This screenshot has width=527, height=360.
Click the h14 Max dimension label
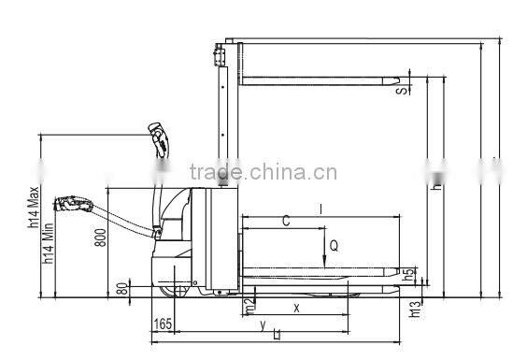(x=33, y=209)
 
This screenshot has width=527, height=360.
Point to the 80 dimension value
(x=121, y=288)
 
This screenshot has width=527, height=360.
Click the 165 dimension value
(x=163, y=324)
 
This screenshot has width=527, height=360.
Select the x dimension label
(x=296, y=307)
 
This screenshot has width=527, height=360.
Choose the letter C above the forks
(x=286, y=222)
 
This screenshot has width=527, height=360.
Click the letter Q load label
(x=334, y=246)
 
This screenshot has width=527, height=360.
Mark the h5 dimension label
(x=407, y=276)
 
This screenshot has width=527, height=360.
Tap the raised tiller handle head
(x=162, y=140)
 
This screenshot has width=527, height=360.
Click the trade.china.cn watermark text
(x=263, y=172)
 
